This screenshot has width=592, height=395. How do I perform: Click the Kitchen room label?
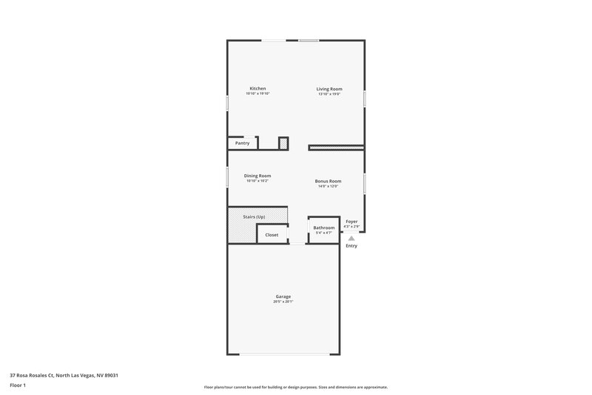coord(258,88)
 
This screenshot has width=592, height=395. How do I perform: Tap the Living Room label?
coord(329,88)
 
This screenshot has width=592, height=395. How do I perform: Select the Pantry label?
coord(242,143)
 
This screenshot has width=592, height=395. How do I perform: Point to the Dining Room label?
coord(258,176)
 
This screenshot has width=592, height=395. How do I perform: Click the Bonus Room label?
coord(327,181)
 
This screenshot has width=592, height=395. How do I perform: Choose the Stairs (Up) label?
coord(254,216)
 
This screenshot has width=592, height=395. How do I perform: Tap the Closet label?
coord(272,235)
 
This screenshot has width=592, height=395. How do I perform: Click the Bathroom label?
coord(324,228)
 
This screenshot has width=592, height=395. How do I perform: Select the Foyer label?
coord(351,221)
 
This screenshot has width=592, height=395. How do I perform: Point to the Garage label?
coord(283,296)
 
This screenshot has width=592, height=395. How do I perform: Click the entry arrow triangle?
coord(351,238)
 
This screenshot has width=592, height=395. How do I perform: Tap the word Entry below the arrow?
coord(351,246)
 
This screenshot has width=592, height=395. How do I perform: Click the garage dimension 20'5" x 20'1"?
coord(283,302)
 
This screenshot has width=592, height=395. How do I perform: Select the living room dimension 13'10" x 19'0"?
coord(329,94)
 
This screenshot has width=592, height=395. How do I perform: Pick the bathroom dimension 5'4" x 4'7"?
coord(324,233)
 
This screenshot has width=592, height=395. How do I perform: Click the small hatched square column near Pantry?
coord(283,143)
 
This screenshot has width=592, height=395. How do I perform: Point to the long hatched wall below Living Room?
coord(336,147)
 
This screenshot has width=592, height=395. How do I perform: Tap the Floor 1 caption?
coord(18,385)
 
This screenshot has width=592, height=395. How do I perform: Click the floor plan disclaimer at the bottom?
coord(295,387)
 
